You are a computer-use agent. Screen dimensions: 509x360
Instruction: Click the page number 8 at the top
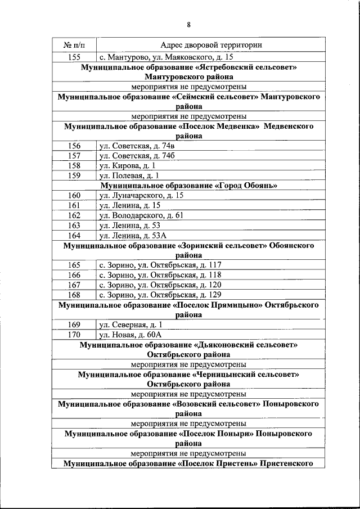click(x=189, y=24)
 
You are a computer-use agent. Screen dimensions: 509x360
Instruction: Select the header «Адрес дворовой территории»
click(x=210, y=45)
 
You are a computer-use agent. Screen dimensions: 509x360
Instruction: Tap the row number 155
click(x=73, y=57)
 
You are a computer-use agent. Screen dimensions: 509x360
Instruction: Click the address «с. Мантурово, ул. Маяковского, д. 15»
click(x=166, y=57)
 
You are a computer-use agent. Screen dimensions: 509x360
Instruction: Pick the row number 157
click(x=74, y=156)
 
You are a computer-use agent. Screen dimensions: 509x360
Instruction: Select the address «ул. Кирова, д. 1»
click(x=128, y=165)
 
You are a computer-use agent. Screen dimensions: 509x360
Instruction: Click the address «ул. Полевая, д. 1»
click(x=130, y=175)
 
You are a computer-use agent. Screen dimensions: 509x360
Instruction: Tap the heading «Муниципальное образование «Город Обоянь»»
click(x=189, y=185)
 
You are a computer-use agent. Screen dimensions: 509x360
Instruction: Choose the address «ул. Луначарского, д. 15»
click(x=141, y=195)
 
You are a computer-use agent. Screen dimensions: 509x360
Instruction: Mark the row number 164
click(x=74, y=235)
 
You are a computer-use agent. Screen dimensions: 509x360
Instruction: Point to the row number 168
click(x=74, y=294)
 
